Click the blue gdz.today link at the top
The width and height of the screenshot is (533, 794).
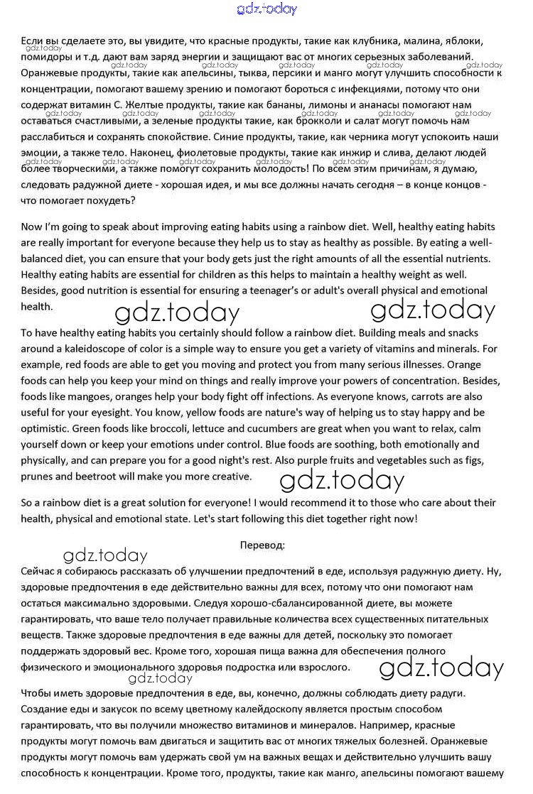[x=266, y=9]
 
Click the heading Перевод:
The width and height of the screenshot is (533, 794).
[x=263, y=545]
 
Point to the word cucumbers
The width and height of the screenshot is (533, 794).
[x=261, y=428]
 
